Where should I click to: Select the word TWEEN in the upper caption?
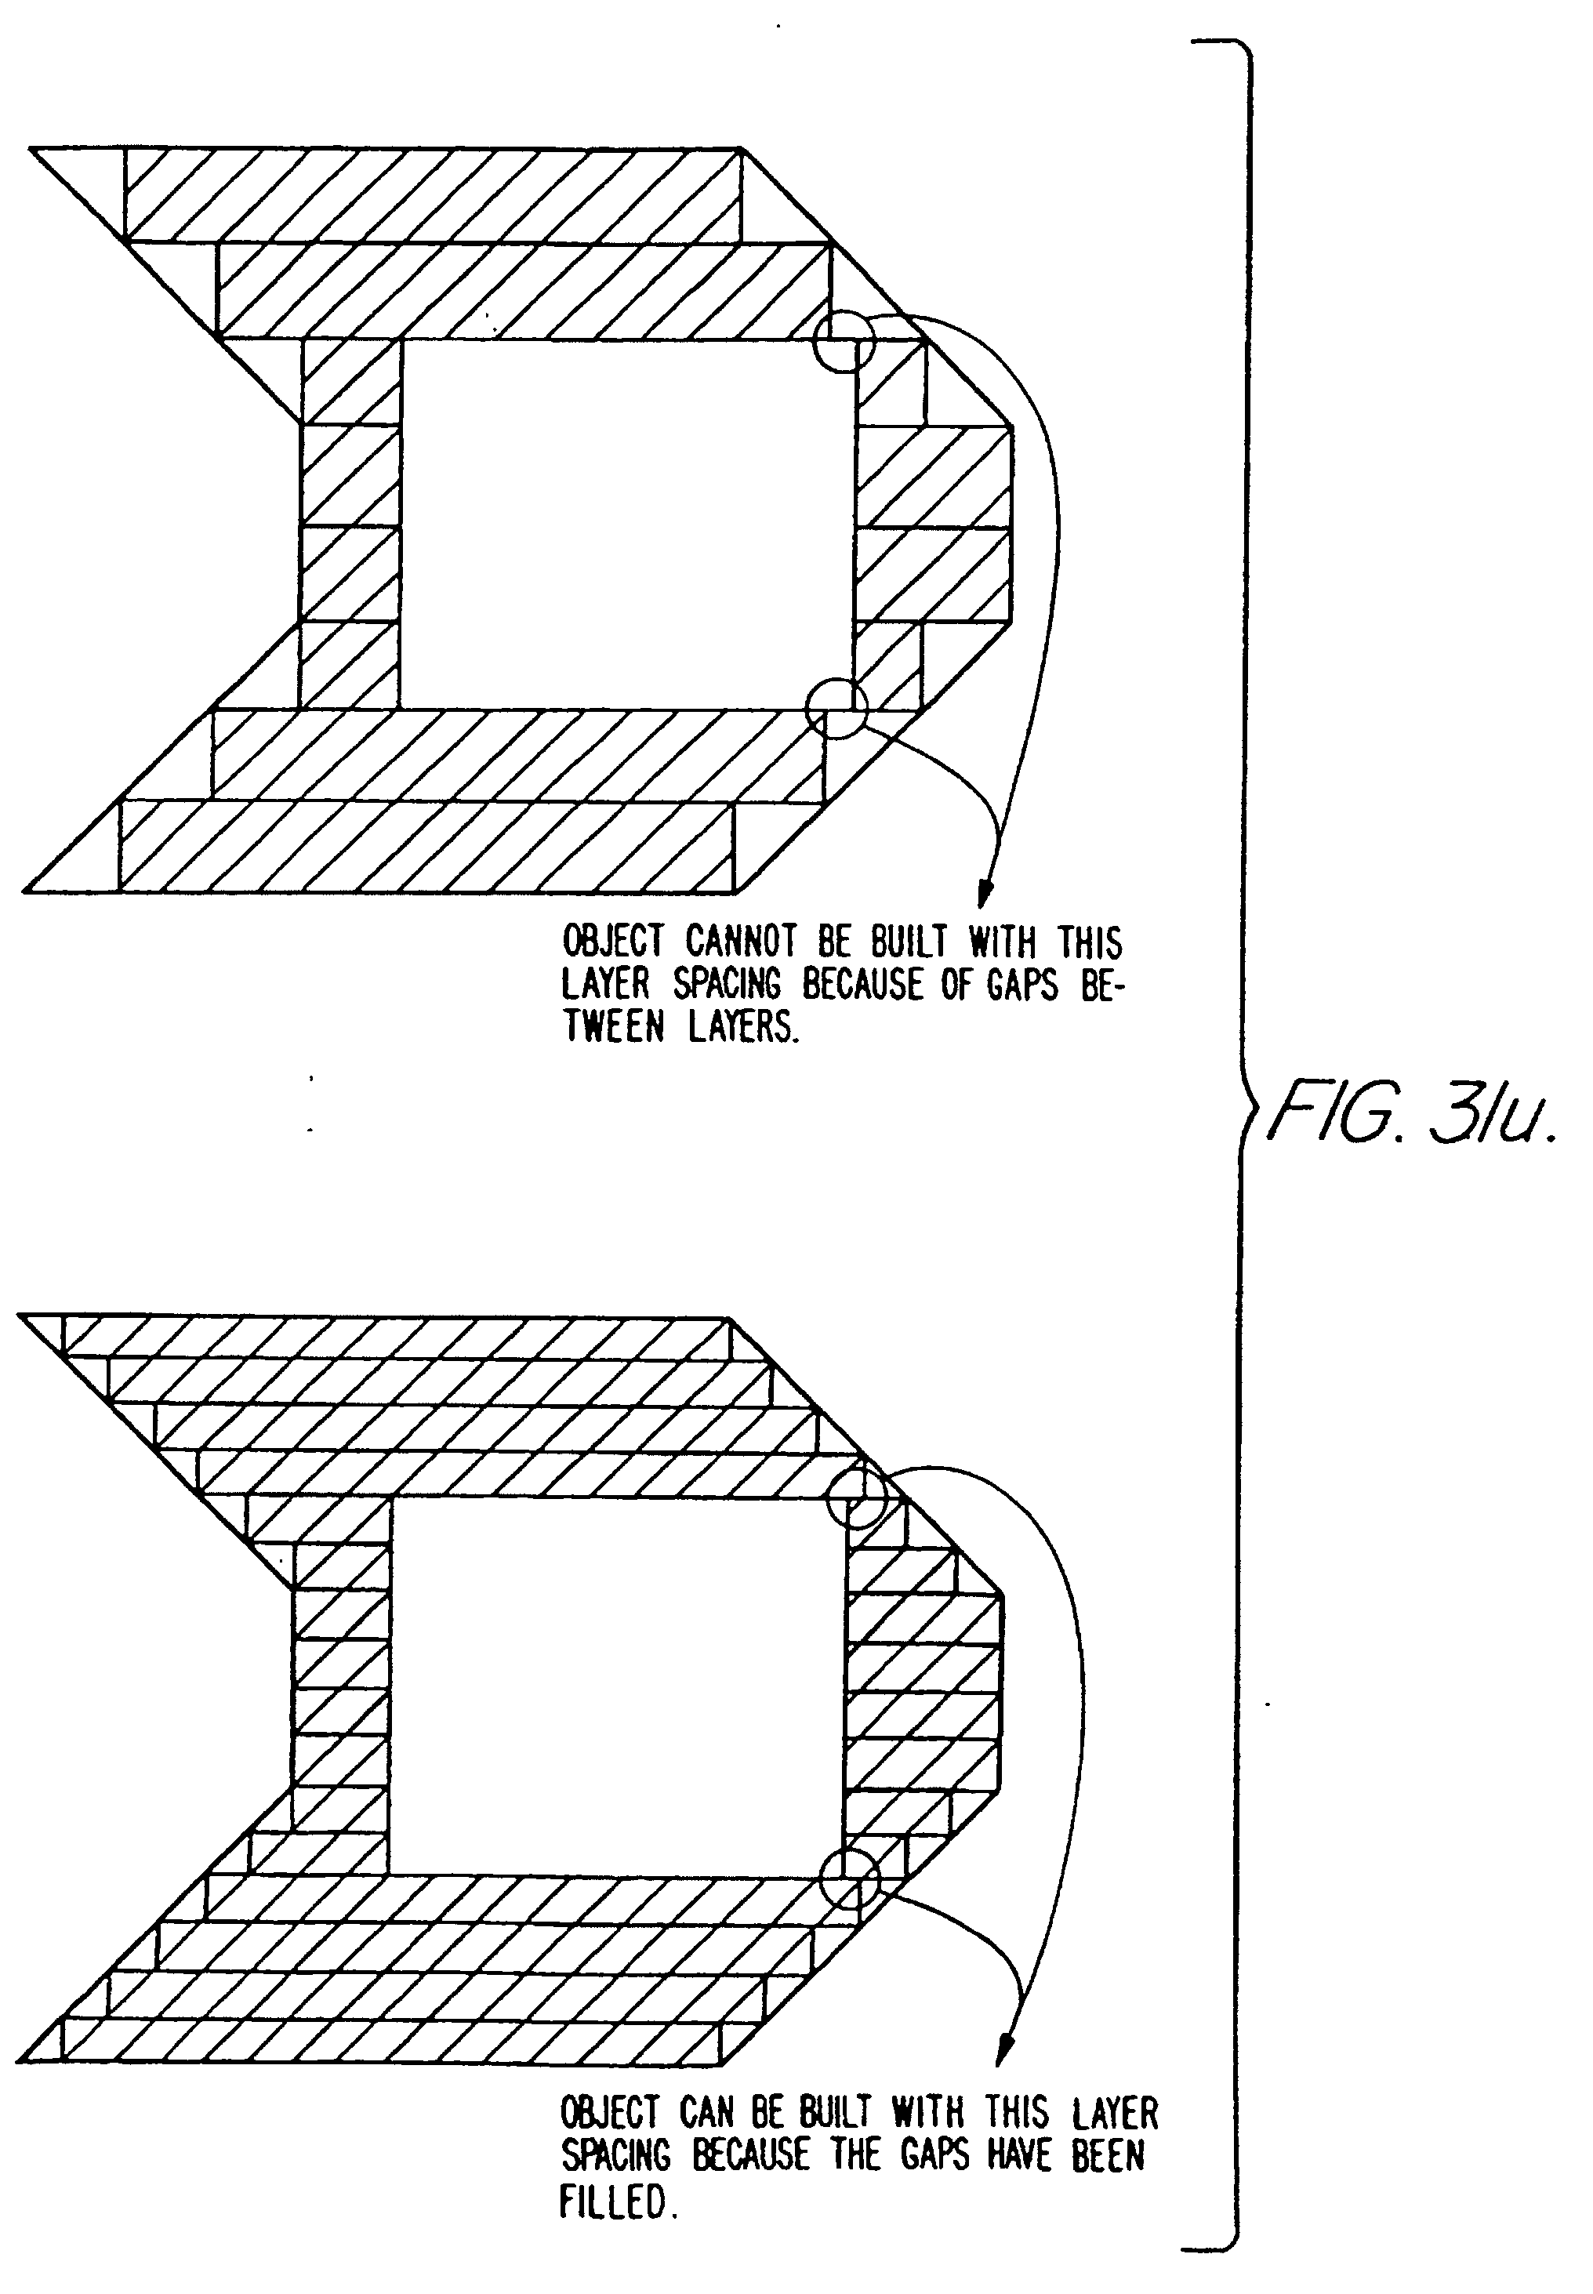(x=613, y=1027)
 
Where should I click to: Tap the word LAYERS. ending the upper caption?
(x=744, y=1027)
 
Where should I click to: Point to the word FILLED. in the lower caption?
(x=619, y=2201)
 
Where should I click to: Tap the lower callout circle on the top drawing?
(x=836, y=708)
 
